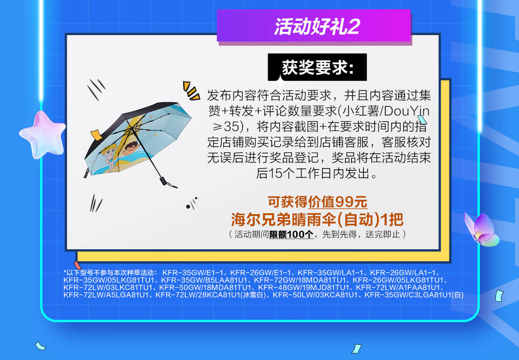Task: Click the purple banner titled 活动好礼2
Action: [x=314, y=26]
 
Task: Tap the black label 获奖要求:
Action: [x=317, y=67]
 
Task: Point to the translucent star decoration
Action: [x=43, y=134]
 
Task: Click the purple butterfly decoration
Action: [x=481, y=229]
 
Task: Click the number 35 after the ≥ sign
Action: [x=232, y=126]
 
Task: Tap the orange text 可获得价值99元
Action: [x=317, y=202]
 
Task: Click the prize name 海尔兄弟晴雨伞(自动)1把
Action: [x=317, y=219]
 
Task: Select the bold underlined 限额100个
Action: [x=291, y=234]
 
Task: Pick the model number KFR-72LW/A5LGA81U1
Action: [x=106, y=295]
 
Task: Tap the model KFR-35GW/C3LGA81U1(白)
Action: [x=414, y=295]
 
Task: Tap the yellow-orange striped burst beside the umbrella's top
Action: [x=191, y=90]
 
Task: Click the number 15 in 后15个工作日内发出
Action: [x=274, y=174]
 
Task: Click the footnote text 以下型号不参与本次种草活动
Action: [x=110, y=273]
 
